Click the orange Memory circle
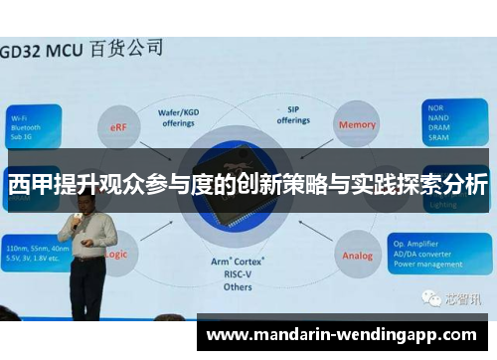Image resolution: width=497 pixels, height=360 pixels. click(357, 125)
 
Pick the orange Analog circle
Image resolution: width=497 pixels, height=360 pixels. click(358, 255)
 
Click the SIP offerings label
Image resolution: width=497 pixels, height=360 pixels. click(292, 114)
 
